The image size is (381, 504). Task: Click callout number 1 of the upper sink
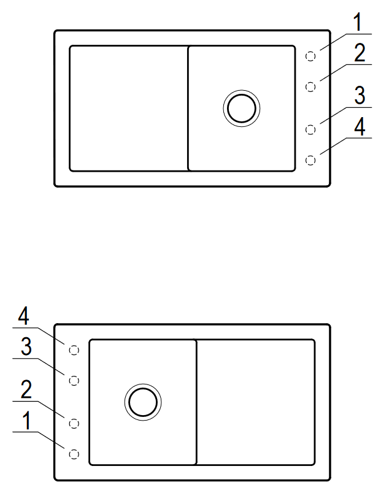[x=357, y=22]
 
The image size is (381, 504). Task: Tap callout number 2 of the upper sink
[x=360, y=53]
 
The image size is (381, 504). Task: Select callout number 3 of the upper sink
[x=360, y=96]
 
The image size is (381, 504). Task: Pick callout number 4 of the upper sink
[x=360, y=126]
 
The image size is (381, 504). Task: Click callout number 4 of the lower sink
[x=23, y=316]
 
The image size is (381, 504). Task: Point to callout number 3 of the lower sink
[x=26, y=346]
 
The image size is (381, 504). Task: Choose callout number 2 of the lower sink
[x=26, y=389]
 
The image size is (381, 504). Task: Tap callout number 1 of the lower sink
[x=27, y=420]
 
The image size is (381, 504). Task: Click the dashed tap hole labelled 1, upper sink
[x=310, y=56]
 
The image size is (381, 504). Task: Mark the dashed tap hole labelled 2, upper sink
[x=310, y=87]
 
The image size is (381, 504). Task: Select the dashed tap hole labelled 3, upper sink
[x=310, y=129]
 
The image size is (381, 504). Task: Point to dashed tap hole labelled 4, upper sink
[x=310, y=160]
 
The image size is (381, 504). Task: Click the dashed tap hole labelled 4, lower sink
[x=74, y=350]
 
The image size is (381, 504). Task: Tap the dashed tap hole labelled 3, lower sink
[x=74, y=381]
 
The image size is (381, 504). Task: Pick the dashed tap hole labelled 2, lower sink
[x=74, y=423]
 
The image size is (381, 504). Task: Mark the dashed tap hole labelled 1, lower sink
[x=74, y=454]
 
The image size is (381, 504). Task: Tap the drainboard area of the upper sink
[x=129, y=109]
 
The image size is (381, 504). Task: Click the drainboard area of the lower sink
[x=256, y=402]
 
